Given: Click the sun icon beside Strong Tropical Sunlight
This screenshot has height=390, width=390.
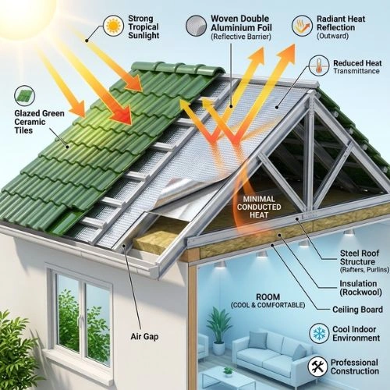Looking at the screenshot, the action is click(113, 26).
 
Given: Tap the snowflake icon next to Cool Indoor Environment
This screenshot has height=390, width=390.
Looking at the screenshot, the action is click(319, 334).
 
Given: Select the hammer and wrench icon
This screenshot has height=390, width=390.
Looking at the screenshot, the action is click(317, 367).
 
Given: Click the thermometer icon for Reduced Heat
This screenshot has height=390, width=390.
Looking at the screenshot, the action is click(319, 66).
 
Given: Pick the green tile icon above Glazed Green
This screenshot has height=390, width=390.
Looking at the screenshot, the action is click(24, 96).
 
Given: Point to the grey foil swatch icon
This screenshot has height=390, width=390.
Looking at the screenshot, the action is click(196, 26).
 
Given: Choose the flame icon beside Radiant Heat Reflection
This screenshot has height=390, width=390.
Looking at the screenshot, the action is click(302, 26).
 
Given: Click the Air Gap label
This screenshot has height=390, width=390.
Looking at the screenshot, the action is click(144, 336).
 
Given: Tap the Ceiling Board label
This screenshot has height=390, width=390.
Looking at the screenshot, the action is click(357, 310).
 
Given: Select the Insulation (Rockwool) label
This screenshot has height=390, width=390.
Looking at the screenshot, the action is click(360, 288).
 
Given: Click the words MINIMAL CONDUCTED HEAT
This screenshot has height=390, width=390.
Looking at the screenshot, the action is click(259, 207).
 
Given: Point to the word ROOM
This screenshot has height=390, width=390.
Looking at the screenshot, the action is click(268, 296).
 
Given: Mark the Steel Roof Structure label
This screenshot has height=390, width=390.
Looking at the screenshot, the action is click(364, 261).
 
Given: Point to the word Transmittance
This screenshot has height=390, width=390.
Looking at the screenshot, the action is click(356, 71).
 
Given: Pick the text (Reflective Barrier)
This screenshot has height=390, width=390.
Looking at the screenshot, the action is click(241, 37).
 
